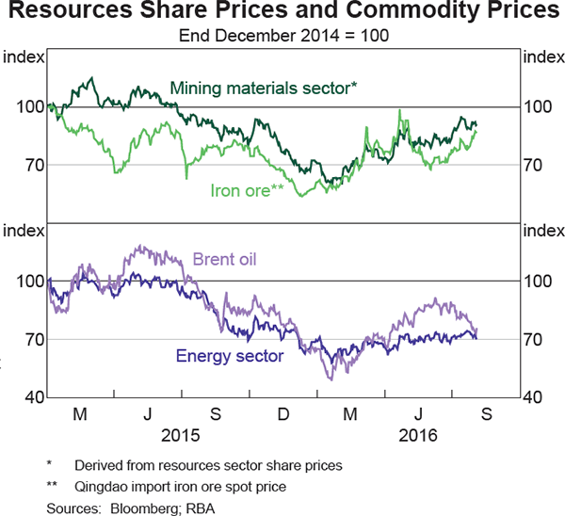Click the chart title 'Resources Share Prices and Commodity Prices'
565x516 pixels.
(282, 13)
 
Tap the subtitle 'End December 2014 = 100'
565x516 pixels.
(283, 36)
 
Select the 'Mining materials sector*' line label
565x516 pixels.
(264, 89)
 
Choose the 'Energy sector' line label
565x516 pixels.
(230, 356)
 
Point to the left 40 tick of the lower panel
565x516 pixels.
(28, 397)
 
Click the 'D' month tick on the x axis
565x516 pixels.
(283, 415)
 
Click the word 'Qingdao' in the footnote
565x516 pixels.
(104, 486)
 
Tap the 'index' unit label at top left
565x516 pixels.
(23, 58)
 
